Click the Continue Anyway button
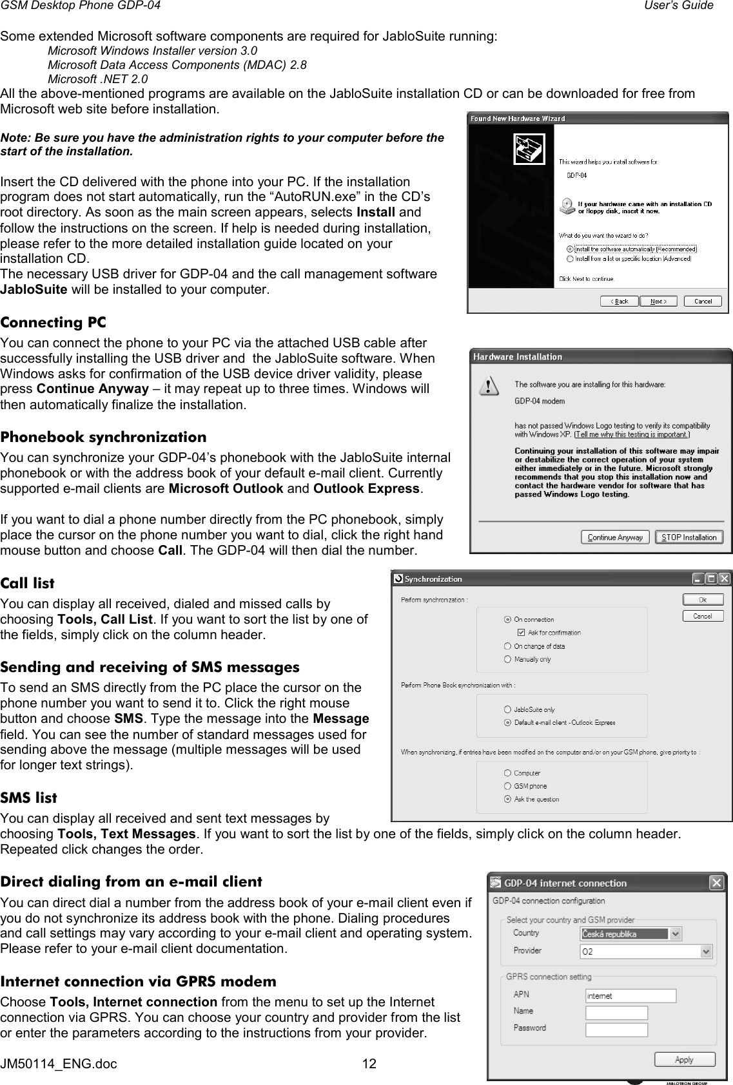[x=615, y=537]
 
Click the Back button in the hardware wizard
[x=620, y=301]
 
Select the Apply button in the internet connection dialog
[x=685, y=1059]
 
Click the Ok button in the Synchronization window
[x=703, y=600]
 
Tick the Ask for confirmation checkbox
[x=523, y=633]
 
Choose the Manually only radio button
[x=508, y=659]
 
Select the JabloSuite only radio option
[x=508, y=709]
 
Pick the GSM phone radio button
[x=508, y=786]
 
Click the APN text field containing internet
[x=630, y=995]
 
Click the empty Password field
[x=630, y=1029]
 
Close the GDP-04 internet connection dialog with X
[x=716, y=882]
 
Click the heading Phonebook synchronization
[x=104, y=437]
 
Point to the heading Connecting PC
[x=54, y=322]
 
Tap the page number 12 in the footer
[x=369, y=1064]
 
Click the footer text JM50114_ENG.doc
[x=59, y=1064]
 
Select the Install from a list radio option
[x=569, y=258]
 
